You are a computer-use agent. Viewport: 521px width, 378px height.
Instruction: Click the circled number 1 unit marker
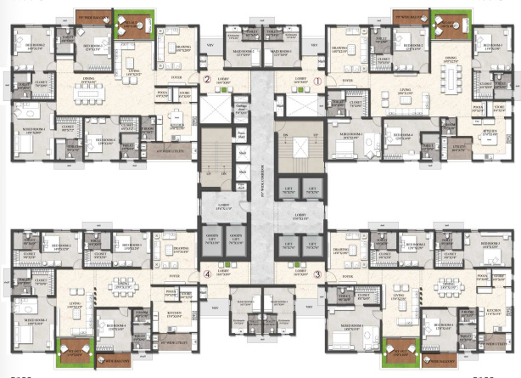[x=318, y=82]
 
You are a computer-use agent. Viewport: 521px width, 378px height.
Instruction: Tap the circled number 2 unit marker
[x=206, y=82]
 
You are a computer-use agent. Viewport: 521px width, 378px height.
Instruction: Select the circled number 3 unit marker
[x=318, y=274]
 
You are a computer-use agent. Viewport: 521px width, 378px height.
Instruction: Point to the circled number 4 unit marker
[x=206, y=274]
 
